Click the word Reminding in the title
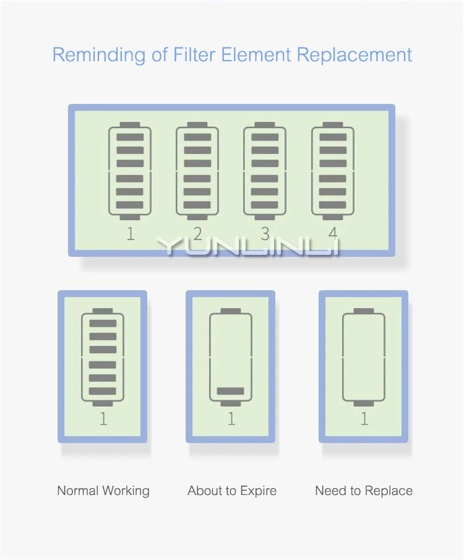click(99, 55)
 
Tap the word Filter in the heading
click(194, 54)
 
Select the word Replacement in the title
click(354, 55)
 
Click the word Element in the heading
click(256, 54)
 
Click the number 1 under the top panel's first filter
click(131, 234)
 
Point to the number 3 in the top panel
click(265, 234)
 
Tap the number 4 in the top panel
click(333, 233)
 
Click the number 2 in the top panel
click(197, 233)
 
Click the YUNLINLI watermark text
click(248, 246)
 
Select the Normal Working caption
click(103, 491)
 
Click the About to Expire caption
click(232, 491)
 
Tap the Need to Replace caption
click(364, 491)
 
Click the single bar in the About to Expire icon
click(230, 391)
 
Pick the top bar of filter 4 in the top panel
click(333, 137)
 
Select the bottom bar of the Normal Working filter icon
click(103, 391)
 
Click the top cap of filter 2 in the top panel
click(197, 124)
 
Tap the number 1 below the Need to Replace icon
click(364, 418)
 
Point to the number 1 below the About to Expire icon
click(231, 418)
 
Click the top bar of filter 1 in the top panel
click(130, 137)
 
